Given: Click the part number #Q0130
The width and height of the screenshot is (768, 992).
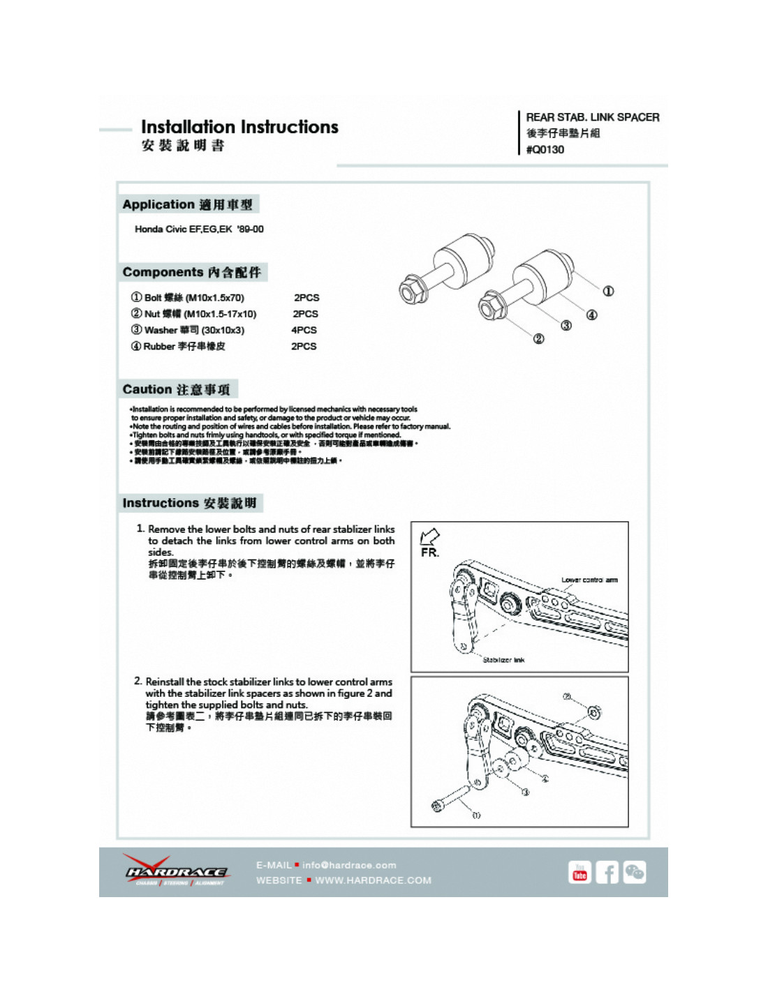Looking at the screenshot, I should pyautogui.click(x=545, y=149).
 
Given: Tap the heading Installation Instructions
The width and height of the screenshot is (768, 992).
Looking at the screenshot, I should pyautogui.click(x=239, y=127).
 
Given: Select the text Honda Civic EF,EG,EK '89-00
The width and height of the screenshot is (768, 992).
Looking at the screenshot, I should pyautogui.click(x=199, y=229).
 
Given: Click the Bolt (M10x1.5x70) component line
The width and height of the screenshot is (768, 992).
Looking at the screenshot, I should pyautogui.click(x=188, y=298).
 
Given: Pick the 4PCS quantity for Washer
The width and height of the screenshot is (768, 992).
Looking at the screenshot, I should pyautogui.click(x=304, y=330).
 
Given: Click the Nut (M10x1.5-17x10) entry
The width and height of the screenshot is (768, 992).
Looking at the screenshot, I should pyautogui.click(x=193, y=314).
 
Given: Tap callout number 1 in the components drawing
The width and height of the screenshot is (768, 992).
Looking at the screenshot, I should pyautogui.click(x=608, y=291).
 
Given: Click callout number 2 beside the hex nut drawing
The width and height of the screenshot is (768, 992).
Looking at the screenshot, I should pyautogui.click(x=538, y=339).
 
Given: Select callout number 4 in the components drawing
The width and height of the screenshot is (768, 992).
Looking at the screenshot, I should pyautogui.click(x=591, y=315).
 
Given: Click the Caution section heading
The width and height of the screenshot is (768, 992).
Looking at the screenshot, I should pyautogui.click(x=176, y=389).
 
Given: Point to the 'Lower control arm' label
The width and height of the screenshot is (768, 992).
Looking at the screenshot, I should pyautogui.click(x=589, y=580).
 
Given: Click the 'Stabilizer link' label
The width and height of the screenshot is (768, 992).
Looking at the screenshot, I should pyautogui.click(x=503, y=659).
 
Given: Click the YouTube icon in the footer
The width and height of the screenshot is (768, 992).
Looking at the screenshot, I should pyautogui.click(x=579, y=873).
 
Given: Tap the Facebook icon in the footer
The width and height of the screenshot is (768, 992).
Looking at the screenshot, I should pyautogui.click(x=607, y=873).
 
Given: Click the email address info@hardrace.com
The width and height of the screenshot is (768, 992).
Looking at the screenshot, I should pyautogui.click(x=349, y=865).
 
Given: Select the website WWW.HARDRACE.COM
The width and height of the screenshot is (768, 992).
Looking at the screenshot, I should pyautogui.click(x=373, y=880).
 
